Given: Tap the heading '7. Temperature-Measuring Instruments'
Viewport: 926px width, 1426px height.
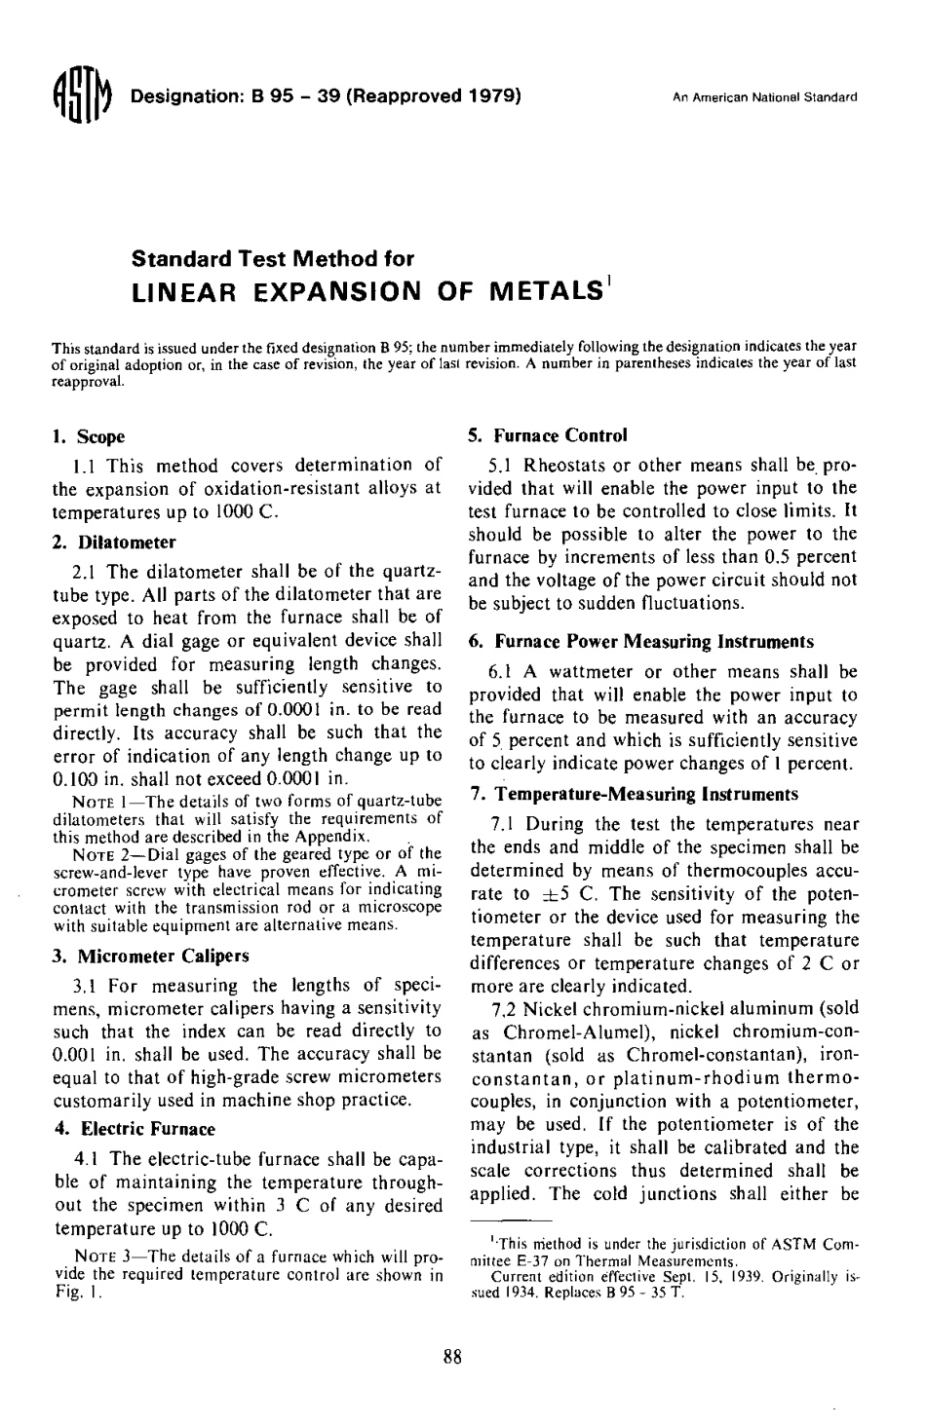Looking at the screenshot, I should click(637, 795).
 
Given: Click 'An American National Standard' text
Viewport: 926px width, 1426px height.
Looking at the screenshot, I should click(764, 98).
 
